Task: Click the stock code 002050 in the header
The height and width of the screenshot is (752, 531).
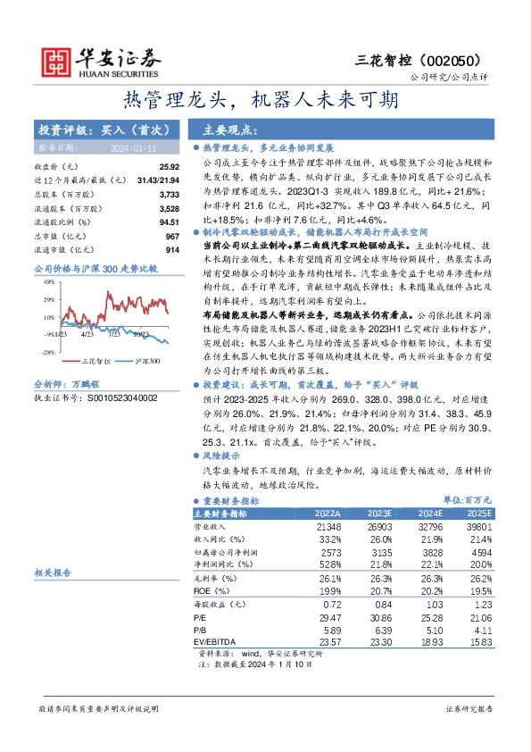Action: coord(463,60)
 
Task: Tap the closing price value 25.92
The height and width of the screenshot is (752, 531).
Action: coord(170,167)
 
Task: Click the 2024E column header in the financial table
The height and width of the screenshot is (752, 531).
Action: coord(431,514)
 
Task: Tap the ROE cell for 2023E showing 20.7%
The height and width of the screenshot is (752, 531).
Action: coord(378,590)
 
